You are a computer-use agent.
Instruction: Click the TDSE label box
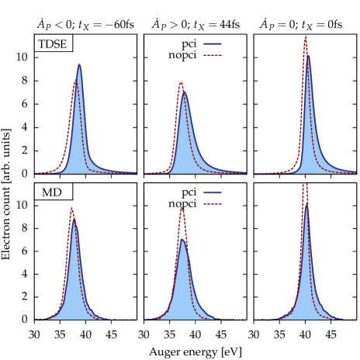coord(53,43)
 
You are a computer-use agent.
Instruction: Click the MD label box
coord(53,192)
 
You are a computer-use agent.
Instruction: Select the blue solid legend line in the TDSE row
coord(213,44)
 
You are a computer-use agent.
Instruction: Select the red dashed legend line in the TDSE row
coord(213,55)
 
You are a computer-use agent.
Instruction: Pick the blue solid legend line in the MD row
coord(213,192)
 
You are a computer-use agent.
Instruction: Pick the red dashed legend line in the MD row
coord(213,203)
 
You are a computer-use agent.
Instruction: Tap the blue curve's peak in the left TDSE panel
coord(79,64)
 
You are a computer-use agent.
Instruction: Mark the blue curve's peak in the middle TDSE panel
coord(184,93)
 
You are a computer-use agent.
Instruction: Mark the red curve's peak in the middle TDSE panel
coord(181,82)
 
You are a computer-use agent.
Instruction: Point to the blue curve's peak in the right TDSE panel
coord(308,56)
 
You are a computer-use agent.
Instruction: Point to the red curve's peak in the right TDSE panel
coord(305,36)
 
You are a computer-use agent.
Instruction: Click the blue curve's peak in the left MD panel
coord(74,218)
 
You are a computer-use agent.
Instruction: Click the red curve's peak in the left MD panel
coord(71,207)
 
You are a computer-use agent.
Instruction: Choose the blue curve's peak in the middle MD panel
coord(182,239)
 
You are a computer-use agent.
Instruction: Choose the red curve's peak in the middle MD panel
coord(181,206)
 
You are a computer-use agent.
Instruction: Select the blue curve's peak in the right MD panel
coord(306,203)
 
